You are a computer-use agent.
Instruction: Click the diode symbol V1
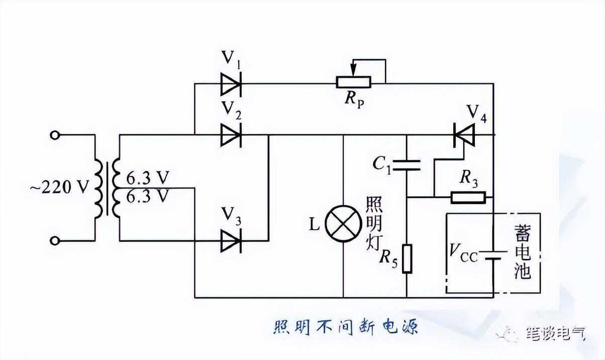click(x=231, y=83)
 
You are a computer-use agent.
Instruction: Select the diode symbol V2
click(x=231, y=135)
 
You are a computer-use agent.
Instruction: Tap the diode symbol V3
click(x=231, y=241)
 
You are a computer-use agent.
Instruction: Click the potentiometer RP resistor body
click(x=353, y=82)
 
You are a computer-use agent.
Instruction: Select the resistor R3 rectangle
click(x=468, y=197)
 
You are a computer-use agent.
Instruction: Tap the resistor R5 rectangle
click(x=407, y=258)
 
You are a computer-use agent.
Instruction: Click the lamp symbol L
click(x=343, y=223)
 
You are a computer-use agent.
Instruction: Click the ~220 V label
click(x=59, y=188)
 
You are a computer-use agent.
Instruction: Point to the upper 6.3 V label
click(x=147, y=178)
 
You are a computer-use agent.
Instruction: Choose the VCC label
click(x=463, y=251)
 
